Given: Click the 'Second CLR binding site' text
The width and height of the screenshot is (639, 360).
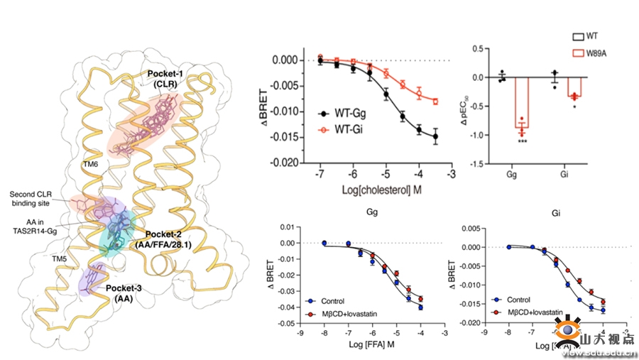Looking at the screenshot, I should [x=38, y=197].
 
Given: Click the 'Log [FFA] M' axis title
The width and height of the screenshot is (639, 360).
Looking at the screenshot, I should [x=373, y=347].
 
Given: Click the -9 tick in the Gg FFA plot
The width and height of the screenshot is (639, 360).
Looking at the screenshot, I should [x=300, y=331].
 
